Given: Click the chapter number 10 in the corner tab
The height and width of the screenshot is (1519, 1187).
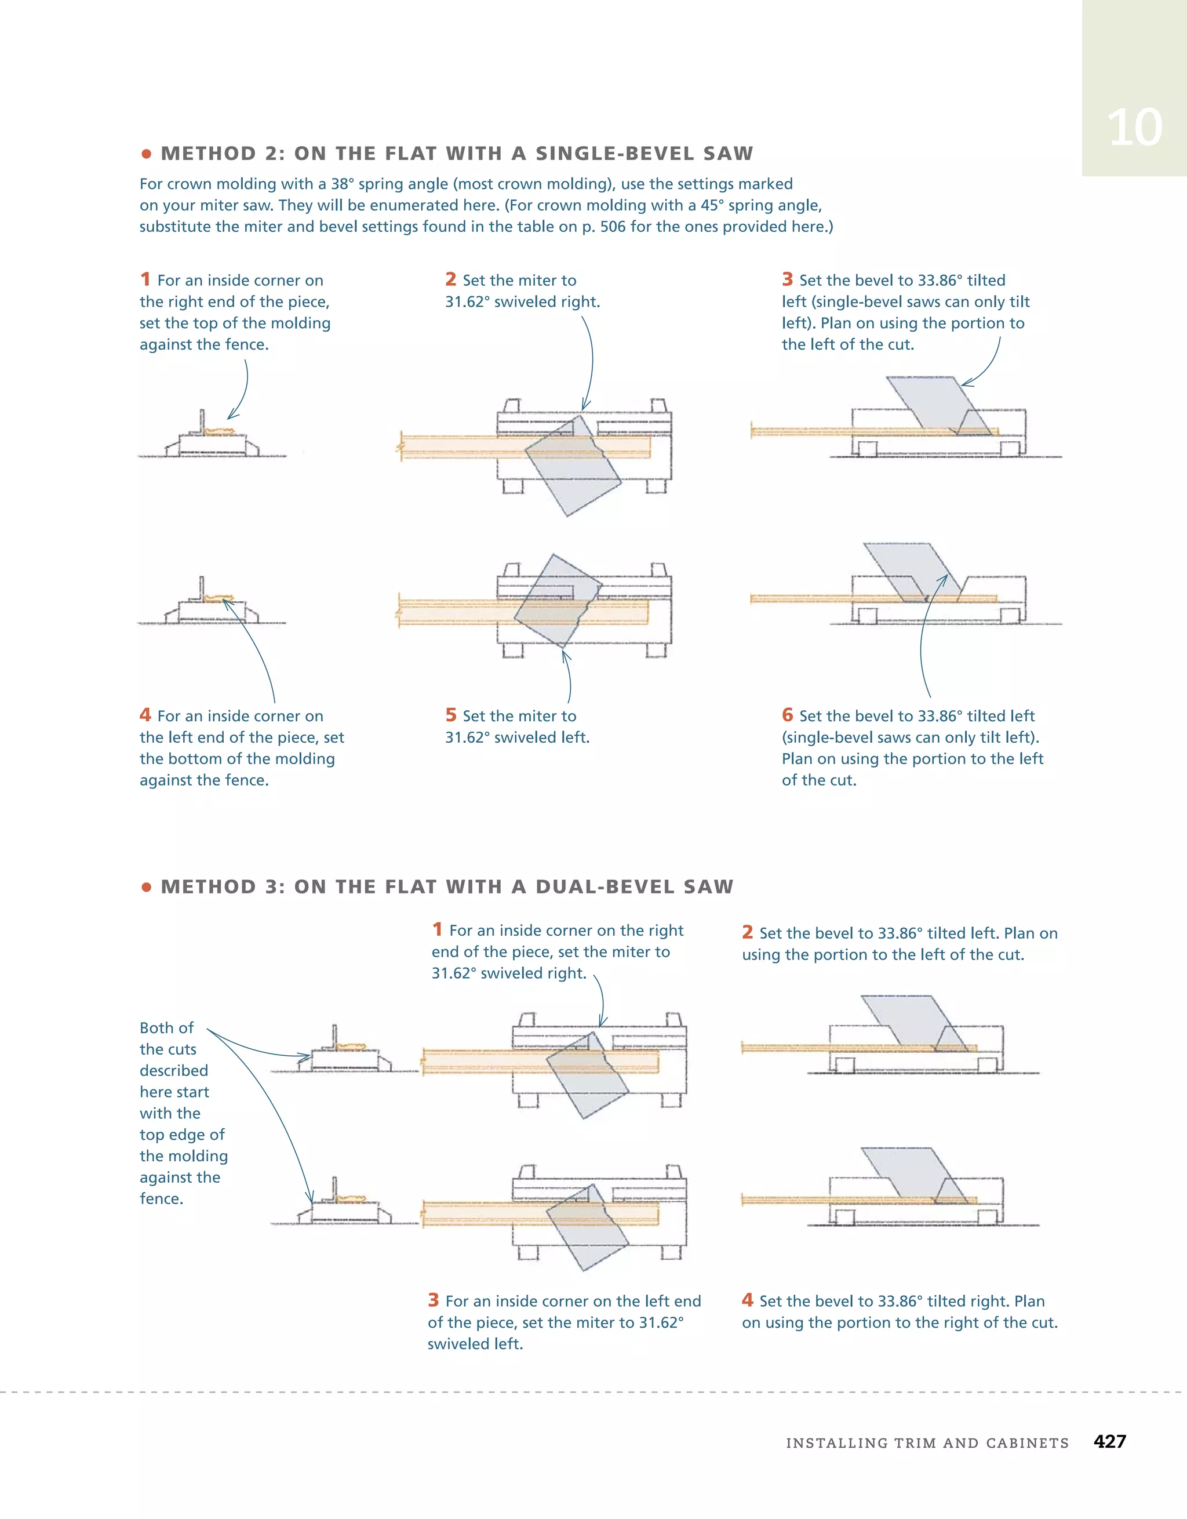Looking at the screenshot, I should pos(1134,128).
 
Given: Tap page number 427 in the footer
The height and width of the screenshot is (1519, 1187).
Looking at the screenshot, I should pos(1109,1441).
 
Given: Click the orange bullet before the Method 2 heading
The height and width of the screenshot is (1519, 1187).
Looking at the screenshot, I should pos(146,154).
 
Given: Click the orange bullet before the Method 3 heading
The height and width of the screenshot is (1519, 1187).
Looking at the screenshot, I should pos(146,887).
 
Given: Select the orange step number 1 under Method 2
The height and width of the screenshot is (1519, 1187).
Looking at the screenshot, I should pos(145,279).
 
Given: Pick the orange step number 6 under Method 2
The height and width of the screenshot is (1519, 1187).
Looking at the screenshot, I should pos(787,715).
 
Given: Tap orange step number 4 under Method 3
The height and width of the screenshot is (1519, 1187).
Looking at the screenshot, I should pos(748,1300).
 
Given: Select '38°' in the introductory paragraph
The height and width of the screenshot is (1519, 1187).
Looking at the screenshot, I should pos(342,184).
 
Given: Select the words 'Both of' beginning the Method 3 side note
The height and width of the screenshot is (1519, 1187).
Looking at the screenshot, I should pos(166,1028).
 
